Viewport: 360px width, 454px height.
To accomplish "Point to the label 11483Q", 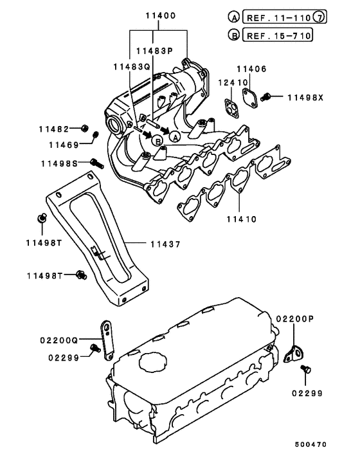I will [x=130, y=66].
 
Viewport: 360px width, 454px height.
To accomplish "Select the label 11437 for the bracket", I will [x=165, y=244].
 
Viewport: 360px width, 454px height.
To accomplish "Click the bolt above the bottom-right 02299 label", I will [x=305, y=368].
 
